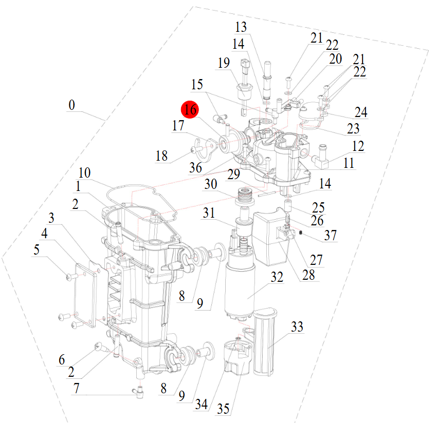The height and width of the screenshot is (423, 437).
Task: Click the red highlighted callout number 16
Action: pyautogui.click(x=190, y=109)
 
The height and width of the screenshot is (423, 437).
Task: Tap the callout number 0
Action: pyautogui.click(x=71, y=105)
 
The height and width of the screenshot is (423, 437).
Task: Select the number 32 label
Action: pyautogui.click(x=277, y=278)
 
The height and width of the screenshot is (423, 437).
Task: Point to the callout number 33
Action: pyautogui.click(x=297, y=326)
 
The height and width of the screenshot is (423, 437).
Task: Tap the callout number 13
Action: pyautogui.click(x=241, y=27)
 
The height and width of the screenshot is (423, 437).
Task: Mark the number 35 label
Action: pyautogui.click(x=223, y=409)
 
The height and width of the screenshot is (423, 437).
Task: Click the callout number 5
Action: pyautogui.click(x=37, y=250)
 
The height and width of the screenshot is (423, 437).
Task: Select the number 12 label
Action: pyautogui.click(x=358, y=146)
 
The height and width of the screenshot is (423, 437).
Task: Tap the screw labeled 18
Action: pyautogui.click(x=194, y=149)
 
